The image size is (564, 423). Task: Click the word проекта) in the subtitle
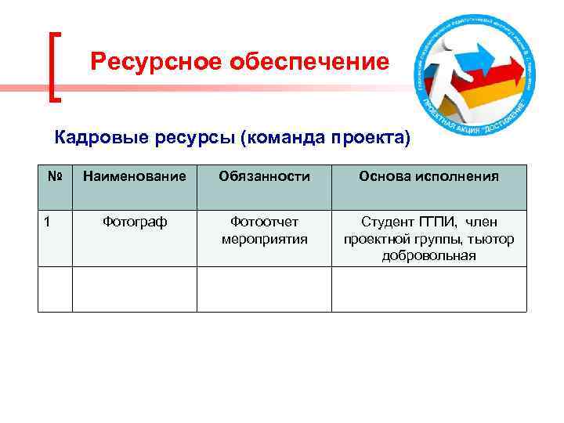pyautogui.click(x=370, y=139)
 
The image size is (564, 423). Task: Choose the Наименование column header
pyautogui.click(x=135, y=177)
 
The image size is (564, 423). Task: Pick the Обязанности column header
pyautogui.click(x=264, y=177)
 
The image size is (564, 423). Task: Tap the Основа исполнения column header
pyautogui.click(x=428, y=177)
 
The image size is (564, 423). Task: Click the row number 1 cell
pyautogui.click(x=48, y=222)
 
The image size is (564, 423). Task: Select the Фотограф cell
pyautogui.click(x=135, y=222)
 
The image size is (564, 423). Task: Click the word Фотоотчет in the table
pyautogui.click(x=264, y=222)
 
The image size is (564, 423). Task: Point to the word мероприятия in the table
pyautogui.click(x=264, y=239)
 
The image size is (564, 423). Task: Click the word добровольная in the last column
pyautogui.click(x=428, y=255)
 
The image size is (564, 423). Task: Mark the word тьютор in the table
pyautogui.click(x=493, y=239)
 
